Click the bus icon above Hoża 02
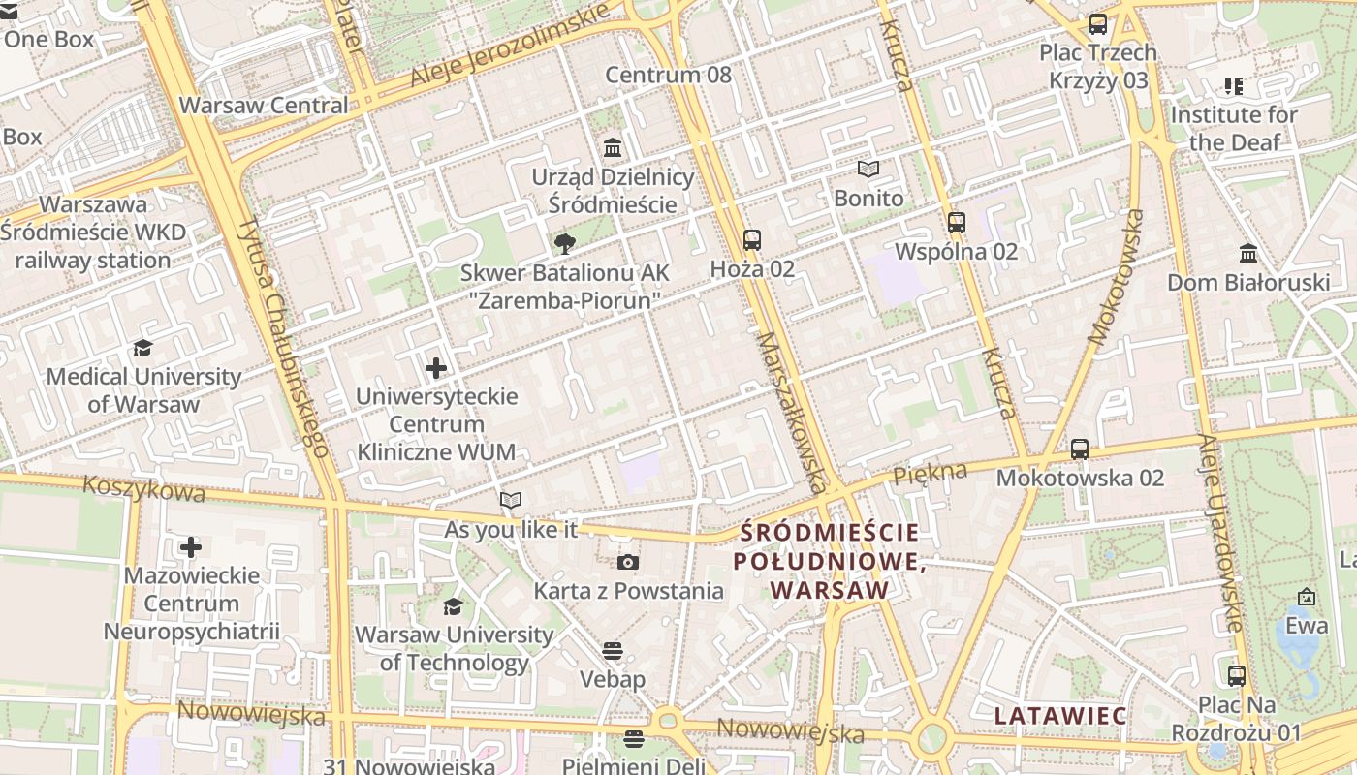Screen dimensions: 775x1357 point(751,240)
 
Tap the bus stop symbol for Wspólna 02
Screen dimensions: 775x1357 point(957,223)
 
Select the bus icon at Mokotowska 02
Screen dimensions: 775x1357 point(1080,449)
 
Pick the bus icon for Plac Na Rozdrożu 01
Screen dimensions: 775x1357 point(1236,676)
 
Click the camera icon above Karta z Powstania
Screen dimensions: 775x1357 point(628,562)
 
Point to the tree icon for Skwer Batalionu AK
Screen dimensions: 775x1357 point(563,244)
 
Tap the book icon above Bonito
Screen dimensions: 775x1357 point(868,170)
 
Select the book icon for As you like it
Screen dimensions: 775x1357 point(511,501)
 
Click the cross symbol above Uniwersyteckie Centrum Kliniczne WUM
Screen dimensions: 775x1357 point(436,368)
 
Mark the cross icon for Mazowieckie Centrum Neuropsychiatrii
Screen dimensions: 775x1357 point(191,547)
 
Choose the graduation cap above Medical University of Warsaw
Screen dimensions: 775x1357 point(143,348)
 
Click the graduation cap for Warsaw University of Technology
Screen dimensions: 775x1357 point(453,606)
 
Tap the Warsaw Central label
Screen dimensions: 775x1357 point(264,105)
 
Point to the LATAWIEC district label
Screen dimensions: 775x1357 point(1060,716)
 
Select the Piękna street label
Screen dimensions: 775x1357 point(931,473)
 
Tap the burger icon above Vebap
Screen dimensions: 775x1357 point(612,650)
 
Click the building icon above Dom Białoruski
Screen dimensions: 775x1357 point(1248,254)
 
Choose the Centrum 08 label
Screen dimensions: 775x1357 point(669,75)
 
